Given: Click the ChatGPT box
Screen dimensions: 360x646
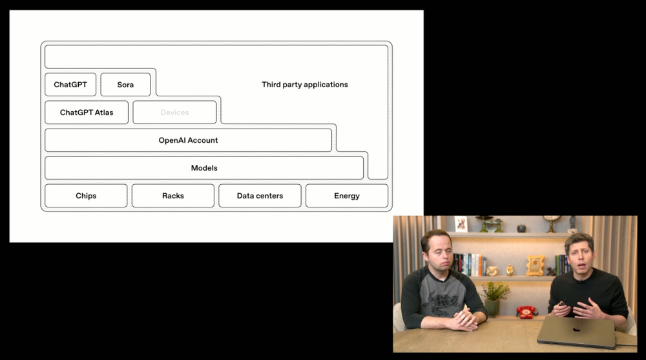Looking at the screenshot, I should tap(70, 85).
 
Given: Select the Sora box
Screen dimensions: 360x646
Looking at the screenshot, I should tap(125, 85).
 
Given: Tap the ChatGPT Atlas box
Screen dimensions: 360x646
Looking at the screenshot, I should tap(87, 112).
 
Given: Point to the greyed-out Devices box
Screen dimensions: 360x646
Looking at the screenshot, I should tap(174, 112).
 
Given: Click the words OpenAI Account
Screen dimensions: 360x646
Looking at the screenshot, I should tap(188, 140).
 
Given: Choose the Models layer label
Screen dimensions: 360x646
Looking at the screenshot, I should tap(204, 168).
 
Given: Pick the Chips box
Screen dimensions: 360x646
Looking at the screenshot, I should tap(86, 196).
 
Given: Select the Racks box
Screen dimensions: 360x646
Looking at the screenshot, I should tap(173, 196).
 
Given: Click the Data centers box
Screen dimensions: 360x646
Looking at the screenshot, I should tap(260, 196).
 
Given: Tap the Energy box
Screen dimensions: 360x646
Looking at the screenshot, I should tap(347, 196).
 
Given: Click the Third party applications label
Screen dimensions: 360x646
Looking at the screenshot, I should tap(305, 85).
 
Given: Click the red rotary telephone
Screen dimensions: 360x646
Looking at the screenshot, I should tap(526, 312).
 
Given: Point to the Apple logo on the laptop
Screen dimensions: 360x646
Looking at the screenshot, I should tap(576, 330).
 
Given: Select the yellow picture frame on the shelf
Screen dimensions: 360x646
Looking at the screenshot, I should tap(535, 265).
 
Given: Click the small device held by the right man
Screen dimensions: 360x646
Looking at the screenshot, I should tap(563, 303).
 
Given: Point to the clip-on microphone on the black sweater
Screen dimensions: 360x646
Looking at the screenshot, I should tap(581, 281).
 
